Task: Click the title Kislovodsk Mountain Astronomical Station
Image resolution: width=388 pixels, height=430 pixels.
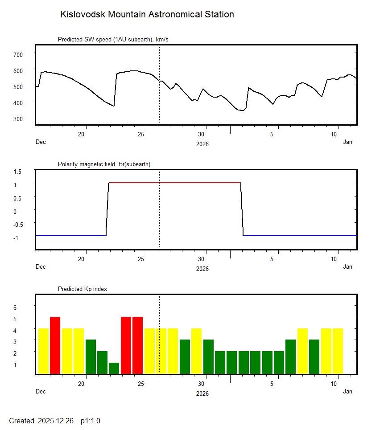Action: (x=147, y=15)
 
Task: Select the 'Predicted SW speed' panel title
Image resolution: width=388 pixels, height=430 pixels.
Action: (x=113, y=40)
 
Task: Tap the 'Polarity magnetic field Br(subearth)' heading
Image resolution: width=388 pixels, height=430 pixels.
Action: (x=104, y=164)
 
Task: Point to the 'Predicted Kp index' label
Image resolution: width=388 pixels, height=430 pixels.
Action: (x=83, y=289)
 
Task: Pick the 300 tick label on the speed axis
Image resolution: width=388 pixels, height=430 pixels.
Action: (x=17, y=119)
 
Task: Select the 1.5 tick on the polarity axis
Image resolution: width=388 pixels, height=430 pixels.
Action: (x=18, y=172)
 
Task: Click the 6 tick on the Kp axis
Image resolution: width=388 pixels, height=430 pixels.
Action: (x=15, y=307)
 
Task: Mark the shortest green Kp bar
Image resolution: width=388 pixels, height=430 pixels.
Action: (x=114, y=368)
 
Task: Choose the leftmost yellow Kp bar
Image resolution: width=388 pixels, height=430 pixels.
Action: (x=43, y=351)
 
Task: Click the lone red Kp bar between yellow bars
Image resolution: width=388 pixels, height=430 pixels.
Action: (x=55, y=345)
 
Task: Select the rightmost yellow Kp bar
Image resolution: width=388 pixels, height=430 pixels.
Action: (x=338, y=351)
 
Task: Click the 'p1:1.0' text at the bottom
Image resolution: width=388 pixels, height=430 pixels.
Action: (x=91, y=421)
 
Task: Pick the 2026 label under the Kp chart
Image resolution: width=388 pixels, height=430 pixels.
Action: (x=202, y=393)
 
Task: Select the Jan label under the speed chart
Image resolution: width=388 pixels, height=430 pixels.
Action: (x=348, y=142)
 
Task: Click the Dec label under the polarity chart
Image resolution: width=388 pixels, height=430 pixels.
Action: (x=41, y=267)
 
